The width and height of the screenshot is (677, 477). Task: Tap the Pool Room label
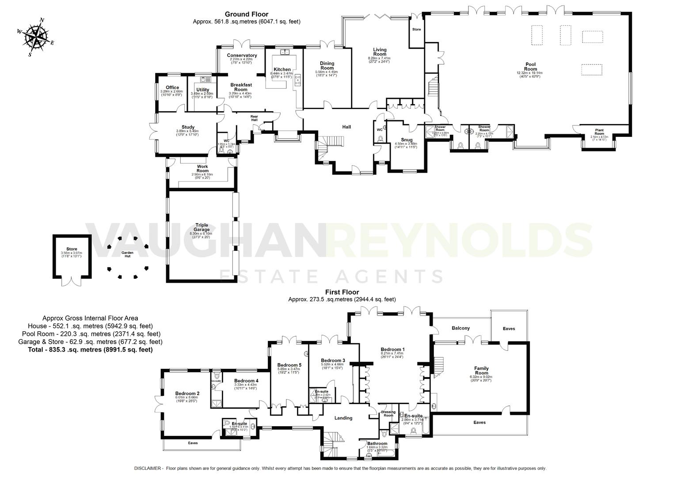point(530,66)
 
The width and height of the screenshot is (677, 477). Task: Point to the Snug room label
point(406,140)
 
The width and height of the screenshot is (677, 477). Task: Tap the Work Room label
point(202,169)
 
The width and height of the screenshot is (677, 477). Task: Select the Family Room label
point(481,371)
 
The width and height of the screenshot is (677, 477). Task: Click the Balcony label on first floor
point(460,328)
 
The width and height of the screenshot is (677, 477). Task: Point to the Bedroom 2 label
point(187,394)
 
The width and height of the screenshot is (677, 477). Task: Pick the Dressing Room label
point(388,413)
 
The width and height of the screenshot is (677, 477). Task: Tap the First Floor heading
point(342,292)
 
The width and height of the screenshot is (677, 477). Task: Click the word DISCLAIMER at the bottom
point(148,468)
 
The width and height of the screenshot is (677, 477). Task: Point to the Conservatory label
point(242,55)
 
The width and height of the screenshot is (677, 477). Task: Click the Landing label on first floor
point(343,418)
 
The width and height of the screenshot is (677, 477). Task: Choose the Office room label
point(172,87)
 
